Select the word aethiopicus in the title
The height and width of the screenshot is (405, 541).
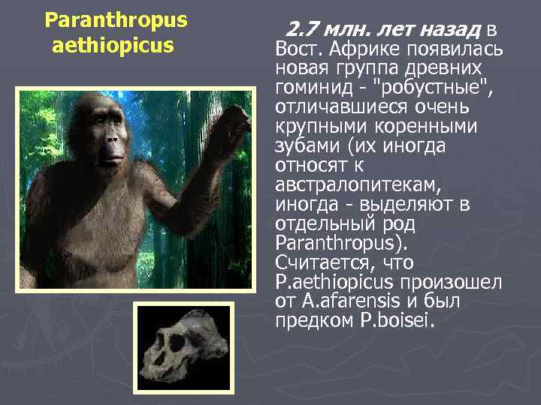(113, 46)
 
